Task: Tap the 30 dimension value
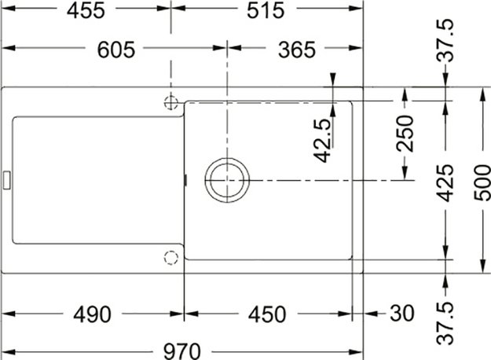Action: click(x=400, y=314)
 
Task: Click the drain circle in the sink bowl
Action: click(x=229, y=180)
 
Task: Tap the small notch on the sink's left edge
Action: click(x=8, y=179)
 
